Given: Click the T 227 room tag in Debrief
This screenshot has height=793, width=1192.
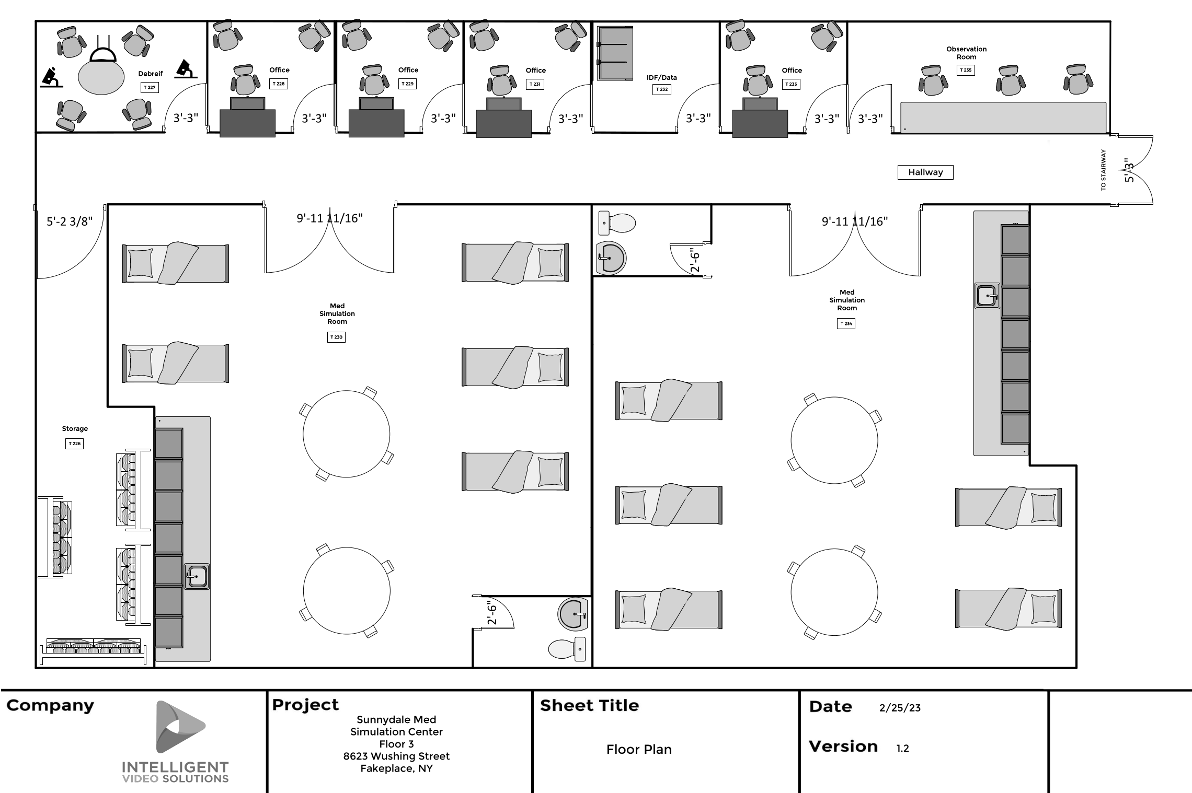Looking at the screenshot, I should pyautogui.click(x=150, y=88).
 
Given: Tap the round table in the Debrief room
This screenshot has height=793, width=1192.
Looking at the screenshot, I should pyautogui.click(x=101, y=77).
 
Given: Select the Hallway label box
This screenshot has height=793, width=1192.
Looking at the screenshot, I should pyautogui.click(x=925, y=172).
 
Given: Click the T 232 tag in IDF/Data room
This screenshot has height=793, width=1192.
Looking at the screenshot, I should pyautogui.click(x=661, y=89).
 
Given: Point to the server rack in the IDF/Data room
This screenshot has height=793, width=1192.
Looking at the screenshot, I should pyautogui.click(x=615, y=53).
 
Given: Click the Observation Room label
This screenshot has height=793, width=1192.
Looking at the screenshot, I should pyautogui.click(x=966, y=53).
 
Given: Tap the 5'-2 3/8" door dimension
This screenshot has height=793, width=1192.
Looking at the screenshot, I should pyautogui.click(x=70, y=221).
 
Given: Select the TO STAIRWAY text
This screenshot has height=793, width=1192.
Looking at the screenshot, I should pyautogui.click(x=1103, y=170).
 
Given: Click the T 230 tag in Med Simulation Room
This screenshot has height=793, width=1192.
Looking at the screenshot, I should pyautogui.click(x=336, y=337).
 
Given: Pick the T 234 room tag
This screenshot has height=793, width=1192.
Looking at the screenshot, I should pyautogui.click(x=846, y=324).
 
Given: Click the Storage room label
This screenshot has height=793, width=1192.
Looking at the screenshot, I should pyautogui.click(x=75, y=429).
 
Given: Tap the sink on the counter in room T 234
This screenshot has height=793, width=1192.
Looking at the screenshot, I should pyautogui.click(x=987, y=296).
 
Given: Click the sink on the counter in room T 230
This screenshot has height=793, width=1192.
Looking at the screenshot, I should pyautogui.click(x=197, y=577).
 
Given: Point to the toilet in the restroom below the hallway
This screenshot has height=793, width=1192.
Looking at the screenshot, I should pyautogui.click(x=617, y=223).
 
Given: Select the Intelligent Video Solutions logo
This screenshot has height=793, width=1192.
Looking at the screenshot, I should pyautogui.click(x=176, y=742).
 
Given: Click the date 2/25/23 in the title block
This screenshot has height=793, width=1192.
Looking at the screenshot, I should pyautogui.click(x=900, y=708).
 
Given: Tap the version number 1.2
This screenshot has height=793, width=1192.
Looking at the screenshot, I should pyautogui.click(x=902, y=749).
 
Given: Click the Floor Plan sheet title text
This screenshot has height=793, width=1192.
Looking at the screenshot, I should pyautogui.click(x=638, y=750).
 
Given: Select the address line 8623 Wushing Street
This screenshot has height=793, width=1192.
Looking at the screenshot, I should pyautogui.click(x=396, y=756).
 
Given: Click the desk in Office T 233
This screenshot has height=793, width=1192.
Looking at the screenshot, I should pyautogui.click(x=759, y=123).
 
